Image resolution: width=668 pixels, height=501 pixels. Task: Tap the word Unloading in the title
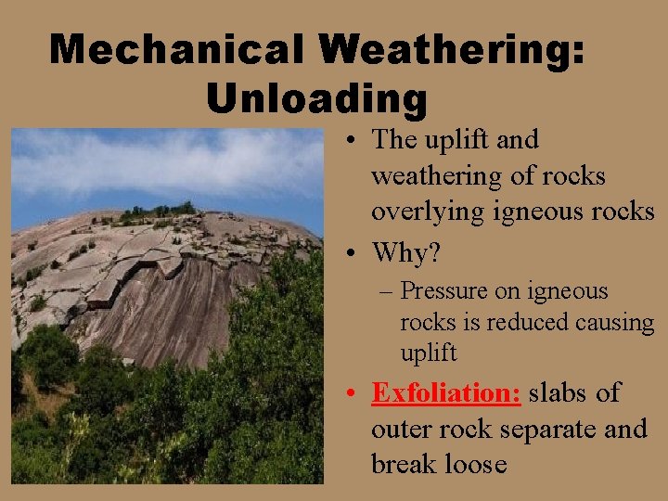(x=316, y=98)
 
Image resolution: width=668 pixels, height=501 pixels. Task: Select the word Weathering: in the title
(x=454, y=49)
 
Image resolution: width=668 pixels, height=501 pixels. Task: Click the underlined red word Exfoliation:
(x=446, y=393)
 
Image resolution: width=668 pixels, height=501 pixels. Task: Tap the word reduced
(x=527, y=323)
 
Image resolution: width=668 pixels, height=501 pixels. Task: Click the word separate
(x=546, y=430)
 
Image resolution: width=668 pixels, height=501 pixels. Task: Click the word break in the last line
(x=401, y=464)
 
